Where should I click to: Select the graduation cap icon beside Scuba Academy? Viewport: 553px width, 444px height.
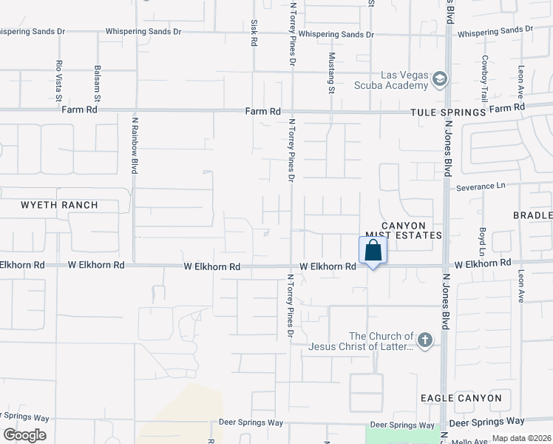coord(441,79)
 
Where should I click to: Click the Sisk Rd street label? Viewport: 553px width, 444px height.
coord(254,33)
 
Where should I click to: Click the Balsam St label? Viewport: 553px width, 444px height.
coord(98,83)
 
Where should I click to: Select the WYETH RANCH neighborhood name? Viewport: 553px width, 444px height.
coord(59,205)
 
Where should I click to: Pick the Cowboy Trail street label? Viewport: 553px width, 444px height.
coord(485,78)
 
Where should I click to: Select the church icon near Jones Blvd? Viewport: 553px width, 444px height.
coord(424,340)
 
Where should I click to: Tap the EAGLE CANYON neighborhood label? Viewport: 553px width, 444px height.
coord(461,398)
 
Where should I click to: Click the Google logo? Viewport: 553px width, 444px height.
coord(24,435)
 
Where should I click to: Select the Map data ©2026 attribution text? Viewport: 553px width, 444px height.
coord(521,438)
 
